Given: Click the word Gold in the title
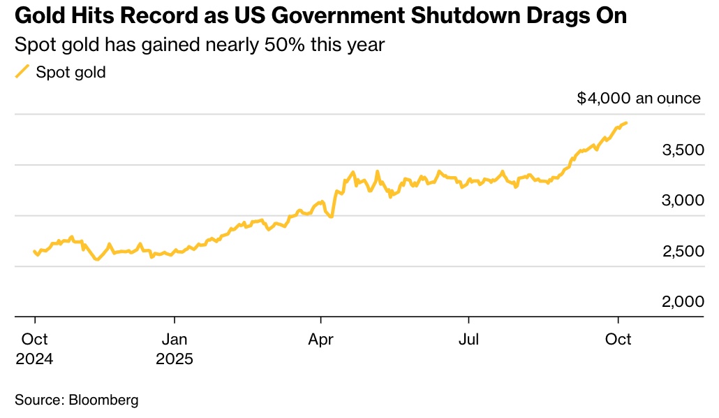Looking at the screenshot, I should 36,17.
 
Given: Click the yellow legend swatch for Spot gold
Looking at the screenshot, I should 23,71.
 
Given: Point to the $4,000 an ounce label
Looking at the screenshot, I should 638,98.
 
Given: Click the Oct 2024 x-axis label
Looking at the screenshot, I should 34,349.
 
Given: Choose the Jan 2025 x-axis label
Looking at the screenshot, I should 174,349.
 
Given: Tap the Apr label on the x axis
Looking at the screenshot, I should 320,339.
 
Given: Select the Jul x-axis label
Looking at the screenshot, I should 468,339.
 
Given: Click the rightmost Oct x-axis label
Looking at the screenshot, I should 617,339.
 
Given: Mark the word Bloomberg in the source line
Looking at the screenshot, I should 103,401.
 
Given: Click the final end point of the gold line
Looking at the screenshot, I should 626,123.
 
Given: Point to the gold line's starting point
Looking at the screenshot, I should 34,252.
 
